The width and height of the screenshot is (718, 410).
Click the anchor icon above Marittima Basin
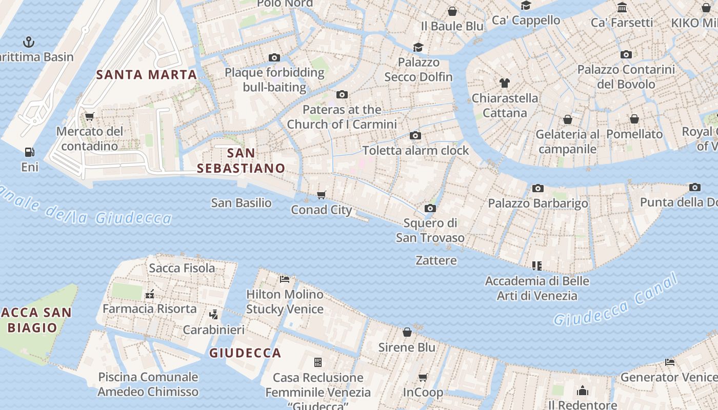click(29, 42)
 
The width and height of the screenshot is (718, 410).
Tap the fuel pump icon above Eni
click(29, 152)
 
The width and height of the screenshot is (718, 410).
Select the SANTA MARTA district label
click(147, 74)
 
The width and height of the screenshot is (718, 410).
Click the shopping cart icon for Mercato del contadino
click(89, 116)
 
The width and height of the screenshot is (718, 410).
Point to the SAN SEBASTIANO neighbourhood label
click(241, 160)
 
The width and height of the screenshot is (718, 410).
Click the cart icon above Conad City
click(322, 195)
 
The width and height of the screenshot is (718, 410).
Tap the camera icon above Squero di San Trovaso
click(430, 208)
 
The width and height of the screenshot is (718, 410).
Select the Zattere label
click(436, 260)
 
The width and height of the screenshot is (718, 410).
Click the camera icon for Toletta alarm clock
click(415, 136)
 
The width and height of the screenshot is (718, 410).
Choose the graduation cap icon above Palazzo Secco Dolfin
click(418, 47)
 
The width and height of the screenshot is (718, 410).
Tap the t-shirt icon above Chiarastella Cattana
click(505, 83)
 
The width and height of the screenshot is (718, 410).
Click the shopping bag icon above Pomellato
click(634, 119)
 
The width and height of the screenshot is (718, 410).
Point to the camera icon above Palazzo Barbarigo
click(537, 189)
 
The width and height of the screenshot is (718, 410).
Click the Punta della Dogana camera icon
click(695, 187)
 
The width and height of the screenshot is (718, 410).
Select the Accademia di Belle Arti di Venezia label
click(537, 288)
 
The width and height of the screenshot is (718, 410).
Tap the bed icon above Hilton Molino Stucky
click(285, 279)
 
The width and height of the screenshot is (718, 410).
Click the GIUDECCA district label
click(245, 353)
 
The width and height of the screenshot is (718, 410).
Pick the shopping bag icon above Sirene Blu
click(407, 332)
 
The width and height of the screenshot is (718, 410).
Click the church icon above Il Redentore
click(582, 391)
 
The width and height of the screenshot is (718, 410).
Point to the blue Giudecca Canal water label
click(616, 301)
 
